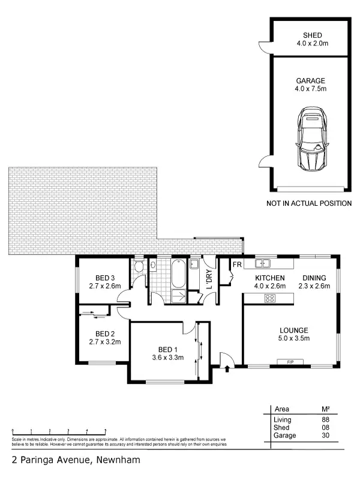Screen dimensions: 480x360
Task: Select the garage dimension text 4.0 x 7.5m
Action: coord(310,89)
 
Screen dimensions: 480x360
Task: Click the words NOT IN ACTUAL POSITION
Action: coord(309,203)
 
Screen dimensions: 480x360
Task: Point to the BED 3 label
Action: coord(105,277)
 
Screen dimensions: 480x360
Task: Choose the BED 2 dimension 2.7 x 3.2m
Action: coord(105,343)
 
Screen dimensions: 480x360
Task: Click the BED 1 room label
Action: coord(168,350)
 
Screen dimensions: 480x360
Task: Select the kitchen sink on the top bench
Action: coord(262,263)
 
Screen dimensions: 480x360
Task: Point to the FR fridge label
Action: coord(236,265)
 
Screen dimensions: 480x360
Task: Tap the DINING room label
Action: coord(314,278)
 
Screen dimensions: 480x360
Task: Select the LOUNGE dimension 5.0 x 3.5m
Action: coord(293,339)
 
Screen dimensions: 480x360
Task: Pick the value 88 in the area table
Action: coord(326,419)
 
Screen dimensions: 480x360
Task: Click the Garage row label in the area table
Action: coord(284,436)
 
